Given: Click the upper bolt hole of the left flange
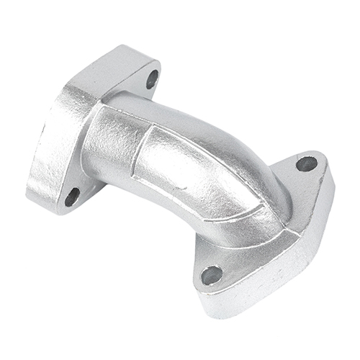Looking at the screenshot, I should pyautogui.click(x=152, y=79).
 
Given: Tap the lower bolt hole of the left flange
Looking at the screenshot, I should pyautogui.click(x=72, y=196).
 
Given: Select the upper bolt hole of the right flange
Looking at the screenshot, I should pyautogui.click(x=306, y=163).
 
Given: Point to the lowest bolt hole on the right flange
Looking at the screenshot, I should pyautogui.click(x=212, y=274).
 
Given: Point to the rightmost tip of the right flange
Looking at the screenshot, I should pyautogui.click(x=333, y=180).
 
